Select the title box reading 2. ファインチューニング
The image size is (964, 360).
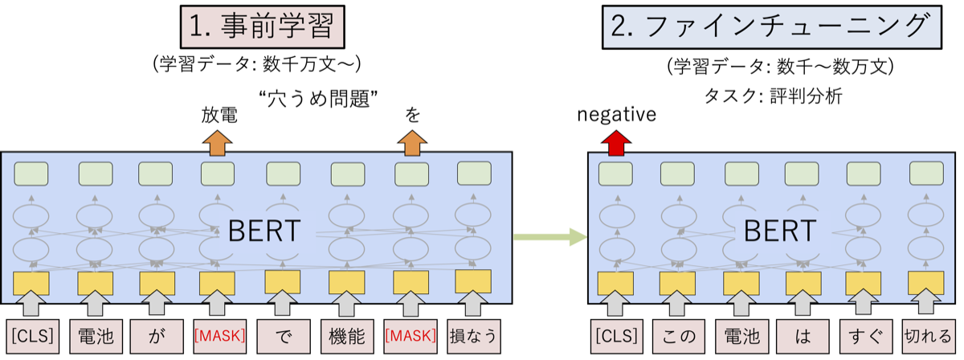(770, 27)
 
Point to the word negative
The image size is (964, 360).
(616, 115)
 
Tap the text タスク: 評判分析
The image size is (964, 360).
(771, 96)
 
